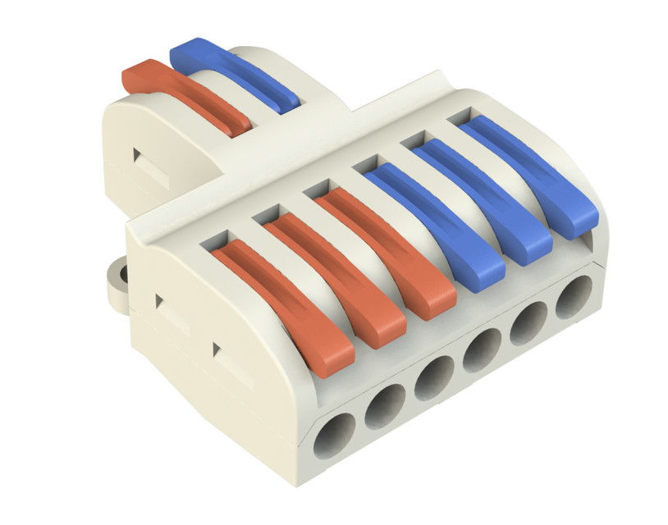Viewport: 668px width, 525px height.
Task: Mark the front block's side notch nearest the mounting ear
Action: [x=162, y=301]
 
